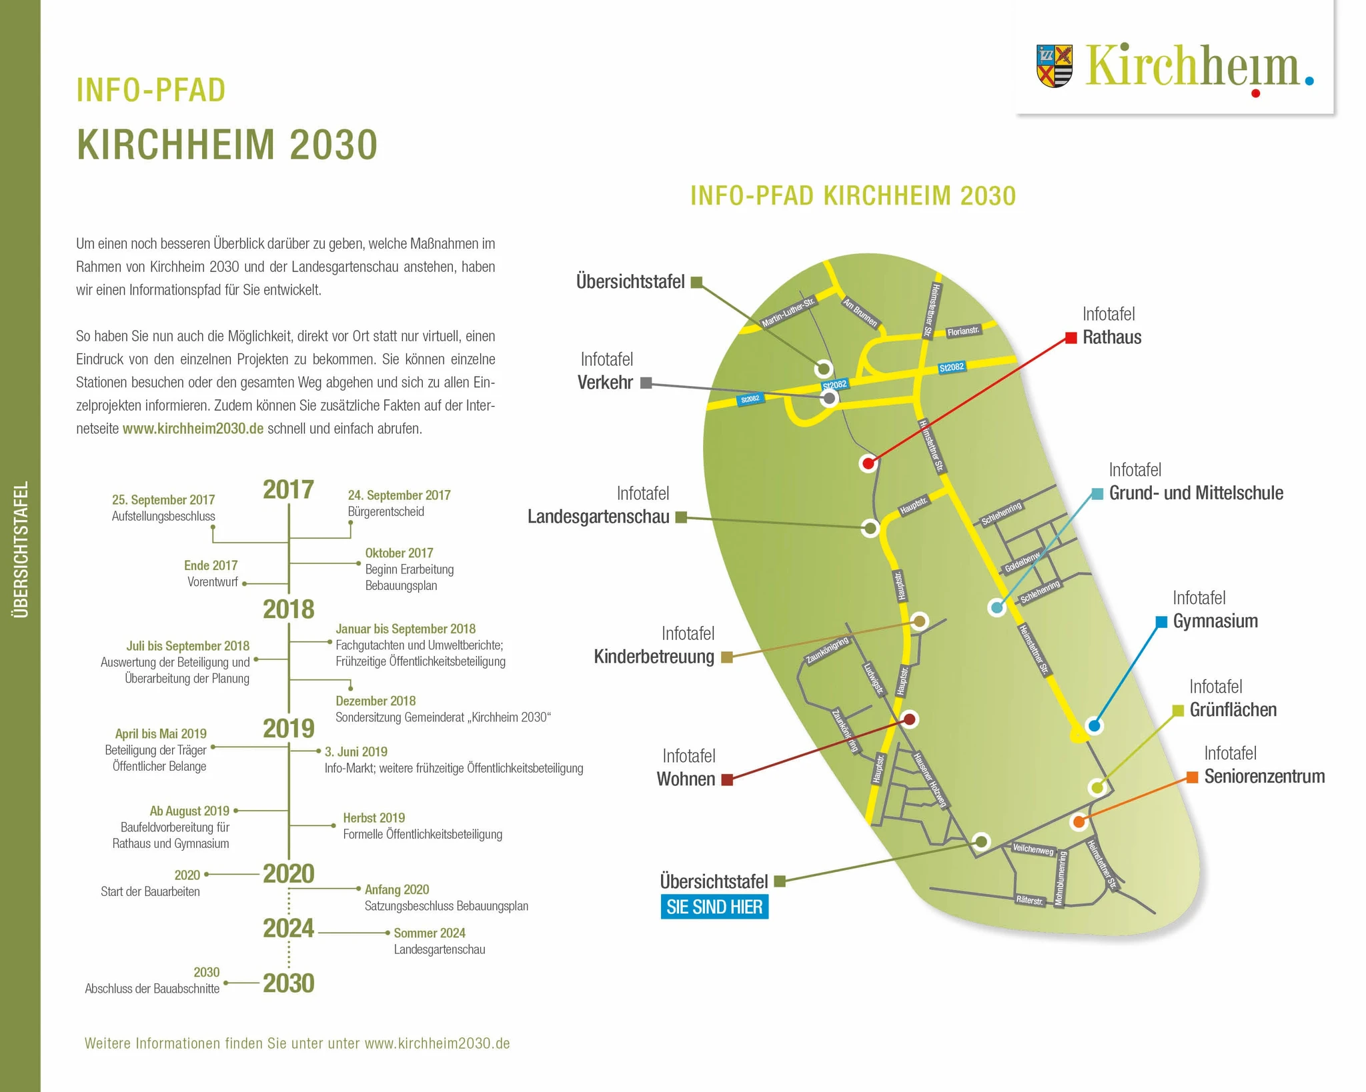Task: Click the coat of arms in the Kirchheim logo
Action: coord(1055,66)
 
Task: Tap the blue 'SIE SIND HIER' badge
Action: coord(714,907)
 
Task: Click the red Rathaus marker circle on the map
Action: coord(868,463)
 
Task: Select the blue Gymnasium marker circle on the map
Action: coord(1094,725)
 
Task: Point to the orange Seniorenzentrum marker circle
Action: coord(1079,822)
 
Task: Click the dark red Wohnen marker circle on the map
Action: coord(909,719)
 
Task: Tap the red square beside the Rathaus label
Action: coord(1071,338)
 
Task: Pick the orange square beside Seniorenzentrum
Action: coord(1192,777)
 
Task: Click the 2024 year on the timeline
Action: coord(288,928)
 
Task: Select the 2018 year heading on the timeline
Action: coord(288,609)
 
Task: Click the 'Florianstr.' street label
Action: coord(963,331)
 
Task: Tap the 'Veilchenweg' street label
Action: coord(1033,849)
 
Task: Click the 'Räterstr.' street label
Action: coord(1029,900)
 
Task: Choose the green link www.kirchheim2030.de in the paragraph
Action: coord(193,429)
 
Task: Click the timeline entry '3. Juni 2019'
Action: coord(356,751)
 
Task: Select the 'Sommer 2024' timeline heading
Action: coord(430,933)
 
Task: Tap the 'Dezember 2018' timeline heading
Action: coord(376,701)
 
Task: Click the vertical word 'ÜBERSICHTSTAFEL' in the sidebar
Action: coord(21,550)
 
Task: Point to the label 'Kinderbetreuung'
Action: coord(654,657)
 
